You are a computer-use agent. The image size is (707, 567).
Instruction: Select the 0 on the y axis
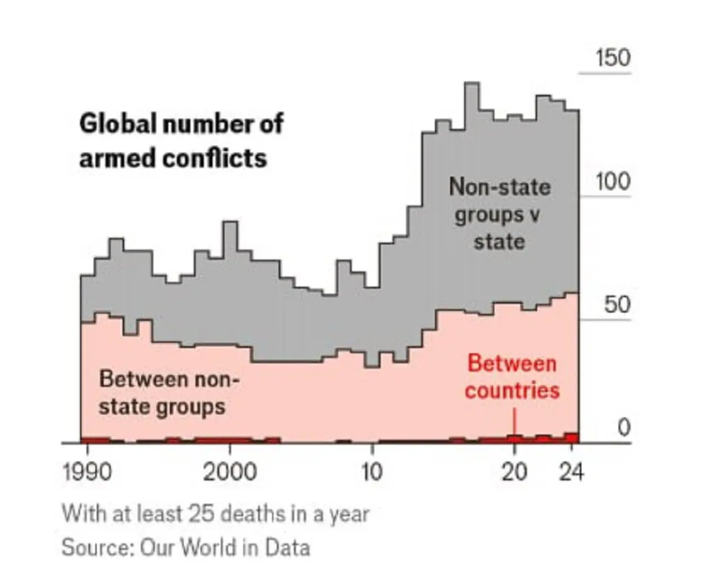pos(624,429)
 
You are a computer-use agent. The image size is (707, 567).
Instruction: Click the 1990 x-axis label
pos(87,472)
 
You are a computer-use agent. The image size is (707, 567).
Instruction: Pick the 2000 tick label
pos(230,472)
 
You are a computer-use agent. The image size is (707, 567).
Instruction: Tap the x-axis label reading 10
pos(372,472)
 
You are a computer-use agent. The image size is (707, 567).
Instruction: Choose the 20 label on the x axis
pos(514,472)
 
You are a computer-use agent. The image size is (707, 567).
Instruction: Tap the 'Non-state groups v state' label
pos(500,214)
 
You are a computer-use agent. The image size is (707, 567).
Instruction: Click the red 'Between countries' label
pos(512,377)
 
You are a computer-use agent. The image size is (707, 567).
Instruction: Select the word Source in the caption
pos(97,548)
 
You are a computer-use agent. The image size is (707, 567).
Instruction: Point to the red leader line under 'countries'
pos(514,420)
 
